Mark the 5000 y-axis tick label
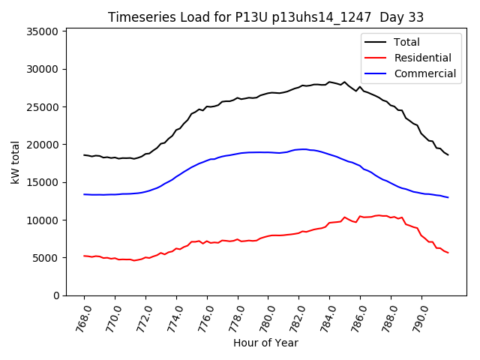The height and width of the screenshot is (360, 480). [x=46, y=258]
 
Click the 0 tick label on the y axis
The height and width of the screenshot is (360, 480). [x=56, y=295]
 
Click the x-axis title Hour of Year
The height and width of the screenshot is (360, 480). [x=265, y=343]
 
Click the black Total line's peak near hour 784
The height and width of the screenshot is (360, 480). [x=330, y=82]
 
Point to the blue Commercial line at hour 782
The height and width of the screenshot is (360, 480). [x=299, y=149]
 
